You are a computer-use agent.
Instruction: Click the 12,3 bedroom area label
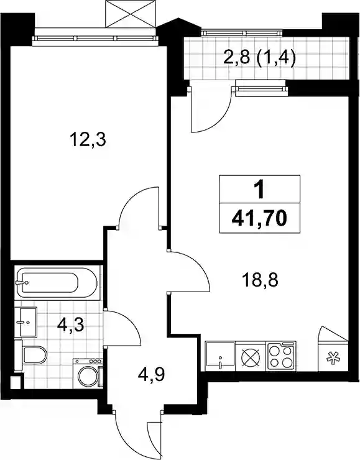88,140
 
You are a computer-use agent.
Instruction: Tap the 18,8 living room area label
260,280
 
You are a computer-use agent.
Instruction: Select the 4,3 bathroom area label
71,325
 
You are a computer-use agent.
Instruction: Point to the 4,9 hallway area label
151,375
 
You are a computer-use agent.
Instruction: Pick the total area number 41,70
259,218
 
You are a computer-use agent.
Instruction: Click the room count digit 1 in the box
259,190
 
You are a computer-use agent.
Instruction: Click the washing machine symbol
88,373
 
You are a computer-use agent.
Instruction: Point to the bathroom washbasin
26,322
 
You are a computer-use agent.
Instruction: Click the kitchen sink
220,356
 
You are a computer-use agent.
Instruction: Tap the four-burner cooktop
281,356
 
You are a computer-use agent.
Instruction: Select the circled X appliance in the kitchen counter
251,356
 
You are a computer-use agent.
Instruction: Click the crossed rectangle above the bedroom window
131,14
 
